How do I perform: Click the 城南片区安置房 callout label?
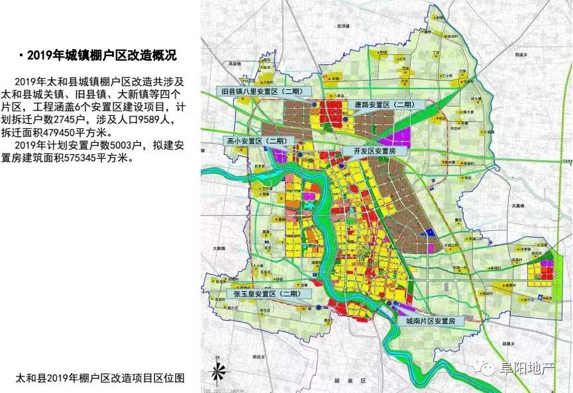pos(431,320)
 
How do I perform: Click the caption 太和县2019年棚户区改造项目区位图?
pos(99,378)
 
